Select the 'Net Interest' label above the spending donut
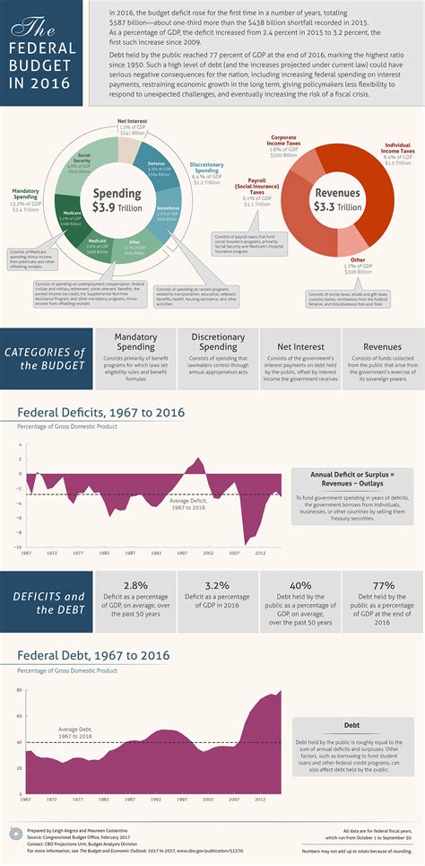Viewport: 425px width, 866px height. click(x=132, y=120)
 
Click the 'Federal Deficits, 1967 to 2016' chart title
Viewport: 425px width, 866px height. click(x=100, y=412)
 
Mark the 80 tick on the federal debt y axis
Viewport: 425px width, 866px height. click(x=19, y=690)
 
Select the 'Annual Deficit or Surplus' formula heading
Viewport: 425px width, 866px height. click(x=352, y=473)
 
